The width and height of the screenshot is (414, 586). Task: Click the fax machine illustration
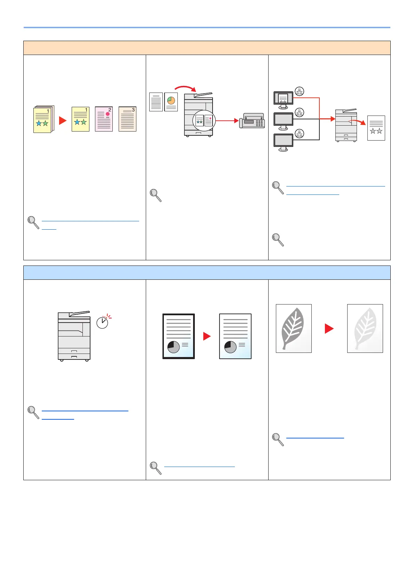252,121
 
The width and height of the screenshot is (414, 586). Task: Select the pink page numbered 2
104,119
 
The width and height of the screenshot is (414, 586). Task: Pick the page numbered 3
127,119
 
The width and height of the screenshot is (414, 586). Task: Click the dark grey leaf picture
294,328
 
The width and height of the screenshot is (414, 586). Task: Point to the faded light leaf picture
365,328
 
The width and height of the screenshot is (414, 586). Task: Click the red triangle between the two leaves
329,328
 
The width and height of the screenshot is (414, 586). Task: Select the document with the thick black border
178,336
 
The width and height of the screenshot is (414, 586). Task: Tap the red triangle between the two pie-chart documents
207,336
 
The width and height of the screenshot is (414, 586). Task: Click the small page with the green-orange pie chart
171,102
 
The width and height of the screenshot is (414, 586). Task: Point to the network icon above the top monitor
299,91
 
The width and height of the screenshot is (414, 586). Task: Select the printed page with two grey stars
376,128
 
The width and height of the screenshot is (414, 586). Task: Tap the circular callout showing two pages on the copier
204,121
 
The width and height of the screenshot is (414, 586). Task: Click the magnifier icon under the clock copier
33,412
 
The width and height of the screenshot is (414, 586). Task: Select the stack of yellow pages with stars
43,119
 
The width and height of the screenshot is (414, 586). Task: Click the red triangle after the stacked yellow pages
63,120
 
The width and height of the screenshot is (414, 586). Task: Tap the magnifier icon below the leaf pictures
278,439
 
